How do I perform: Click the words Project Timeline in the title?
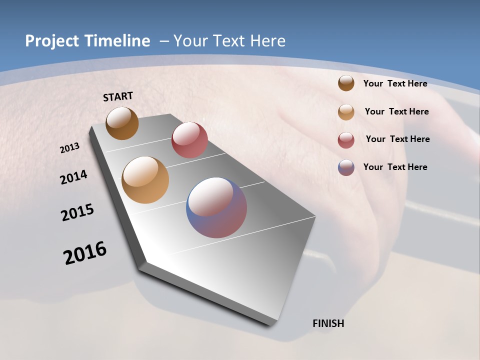pyautogui.click(x=87, y=41)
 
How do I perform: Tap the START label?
pyautogui.click(x=118, y=96)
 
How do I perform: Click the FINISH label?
pyautogui.click(x=328, y=323)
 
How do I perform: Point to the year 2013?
pyautogui.click(x=70, y=148)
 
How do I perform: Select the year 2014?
pyautogui.click(x=74, y=177)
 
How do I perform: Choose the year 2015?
pyautogui.click(x=77, y=212)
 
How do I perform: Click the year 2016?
pyautogui.click(x=85, y=253)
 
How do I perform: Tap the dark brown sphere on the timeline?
pyautogui.click(x=122, y=123)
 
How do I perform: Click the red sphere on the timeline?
pyautogui.click(x=189, y=140)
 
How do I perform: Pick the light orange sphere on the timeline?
pyautogui.click(x=145, y=180)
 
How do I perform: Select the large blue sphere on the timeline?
pyautogui.click(x=216, y=207)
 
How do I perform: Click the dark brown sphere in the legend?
pyautogui.click(x=346, y=83)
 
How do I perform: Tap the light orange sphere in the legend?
pyautogui.click(x=346, y=112)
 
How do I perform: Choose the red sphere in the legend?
pyautogui.click(x=346, y=140)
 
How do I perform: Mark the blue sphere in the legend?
pyautogui.click(x=346, y=167)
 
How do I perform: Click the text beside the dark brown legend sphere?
pyautogui.click(x=395, y=84)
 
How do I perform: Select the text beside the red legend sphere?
pyautogui.click(x=397, y=139)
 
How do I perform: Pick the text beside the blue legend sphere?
pyautogui.click(x=395, y=167)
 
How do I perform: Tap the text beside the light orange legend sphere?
pyautogui.click(x=396, y=111)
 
